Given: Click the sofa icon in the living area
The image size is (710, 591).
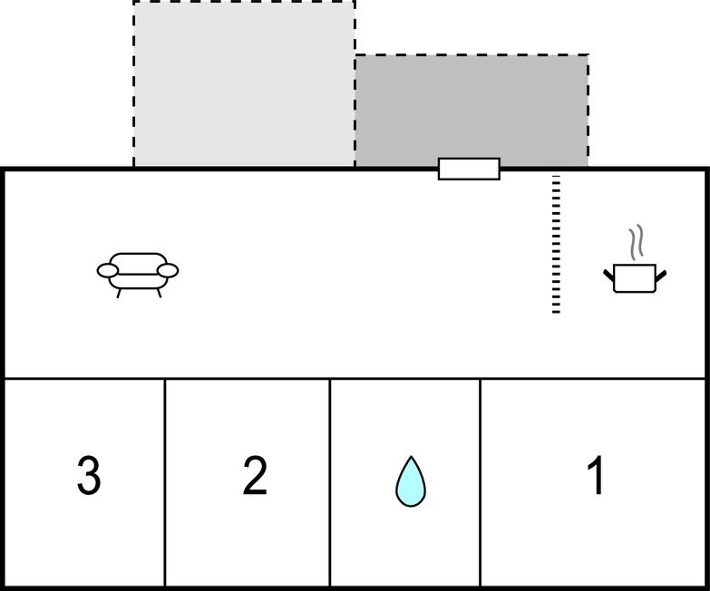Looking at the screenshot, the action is click(x=138, y=275).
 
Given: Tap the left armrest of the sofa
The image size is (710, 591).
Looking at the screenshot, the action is click(x=108, y=271).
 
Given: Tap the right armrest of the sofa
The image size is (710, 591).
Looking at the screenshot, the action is click(x=168, y=271).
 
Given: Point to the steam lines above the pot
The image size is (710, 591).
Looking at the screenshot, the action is click(x=637, y=243).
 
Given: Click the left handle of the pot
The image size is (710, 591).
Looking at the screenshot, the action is click(x=609, y=276).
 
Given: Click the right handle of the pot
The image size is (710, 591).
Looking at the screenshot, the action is click(x=661, y=276).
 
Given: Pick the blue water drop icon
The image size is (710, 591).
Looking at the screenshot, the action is click(x=411, y=481).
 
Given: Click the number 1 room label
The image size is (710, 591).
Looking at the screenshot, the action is click(x=596, y=475).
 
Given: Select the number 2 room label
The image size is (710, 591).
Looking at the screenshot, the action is click(x=255, y=475).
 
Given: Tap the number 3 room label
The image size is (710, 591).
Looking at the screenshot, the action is click(x=89, y=475).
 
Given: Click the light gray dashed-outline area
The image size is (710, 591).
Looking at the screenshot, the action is click(x=244, y=83).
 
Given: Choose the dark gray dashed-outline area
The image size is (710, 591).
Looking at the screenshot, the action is click(x=472, y=111).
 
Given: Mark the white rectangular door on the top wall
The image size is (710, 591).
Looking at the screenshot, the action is click(x=469, y=169).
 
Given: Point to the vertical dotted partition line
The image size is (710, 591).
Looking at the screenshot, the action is click(x=556, y=244).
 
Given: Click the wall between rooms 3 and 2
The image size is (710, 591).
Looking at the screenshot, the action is click(x=165, y=482).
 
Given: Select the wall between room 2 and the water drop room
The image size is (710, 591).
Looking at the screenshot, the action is click(x=330, y=482).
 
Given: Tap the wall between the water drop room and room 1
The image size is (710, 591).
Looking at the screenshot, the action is click(x=480, y=482).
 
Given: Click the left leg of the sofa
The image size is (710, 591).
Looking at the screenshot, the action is click(x=119, y=294).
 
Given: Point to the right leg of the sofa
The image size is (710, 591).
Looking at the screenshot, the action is click(x=159, y=294).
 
